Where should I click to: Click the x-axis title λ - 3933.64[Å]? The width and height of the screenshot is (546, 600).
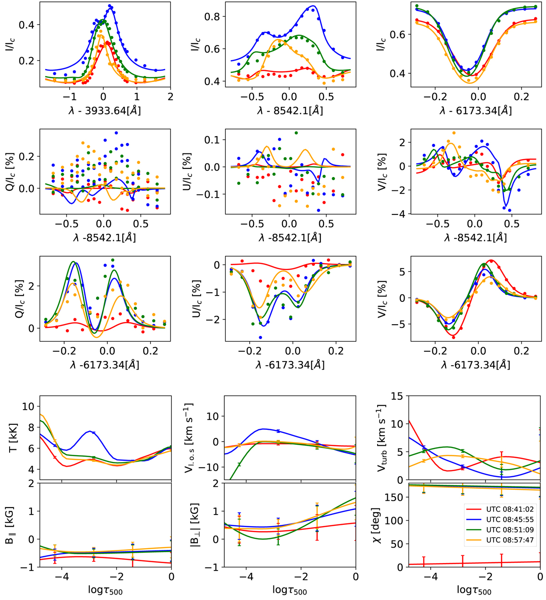[105, 110]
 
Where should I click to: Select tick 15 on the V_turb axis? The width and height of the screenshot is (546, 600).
[398, 396]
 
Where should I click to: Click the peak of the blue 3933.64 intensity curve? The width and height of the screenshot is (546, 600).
[110, 6]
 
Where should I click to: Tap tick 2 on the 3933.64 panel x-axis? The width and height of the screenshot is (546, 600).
[170, 97]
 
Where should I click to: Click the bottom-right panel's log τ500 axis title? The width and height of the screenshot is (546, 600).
[474, 591]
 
